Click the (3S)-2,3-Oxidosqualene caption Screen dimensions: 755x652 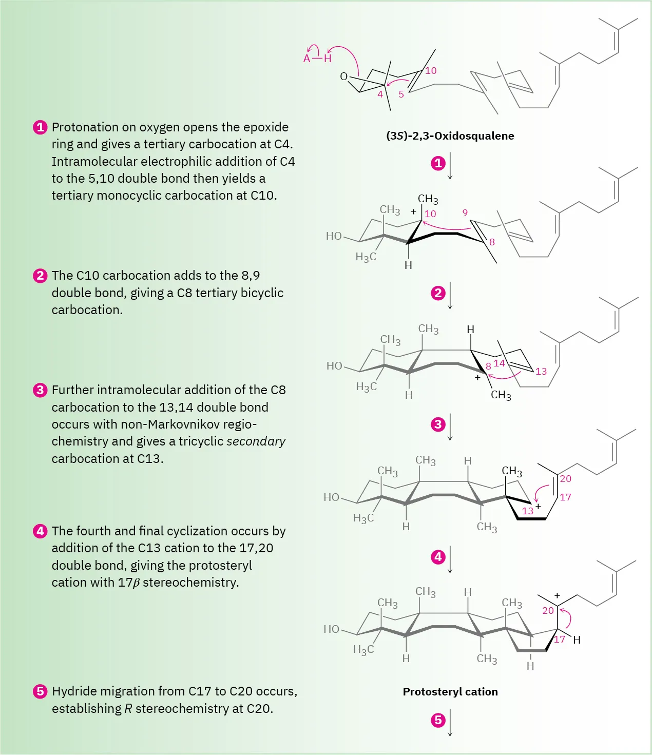450,136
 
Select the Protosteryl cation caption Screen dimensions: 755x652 450,692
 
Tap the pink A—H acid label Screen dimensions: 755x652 317,59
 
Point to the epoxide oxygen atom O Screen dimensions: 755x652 344,76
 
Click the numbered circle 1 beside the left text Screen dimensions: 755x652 40,127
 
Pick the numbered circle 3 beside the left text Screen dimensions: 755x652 40,390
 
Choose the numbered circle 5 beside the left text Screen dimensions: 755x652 40,691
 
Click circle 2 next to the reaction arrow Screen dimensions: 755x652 438,293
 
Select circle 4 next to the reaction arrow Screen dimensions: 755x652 438,557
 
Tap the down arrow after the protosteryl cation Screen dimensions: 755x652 450,723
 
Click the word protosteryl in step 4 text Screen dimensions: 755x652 220,566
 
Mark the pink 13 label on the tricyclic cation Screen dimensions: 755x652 527,511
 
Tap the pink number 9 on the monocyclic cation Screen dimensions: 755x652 465,212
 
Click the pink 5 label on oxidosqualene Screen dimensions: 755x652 401,94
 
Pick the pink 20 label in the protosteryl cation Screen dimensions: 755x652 548,611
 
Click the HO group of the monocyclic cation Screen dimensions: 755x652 334,236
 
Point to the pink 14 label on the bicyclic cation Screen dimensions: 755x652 499,363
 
